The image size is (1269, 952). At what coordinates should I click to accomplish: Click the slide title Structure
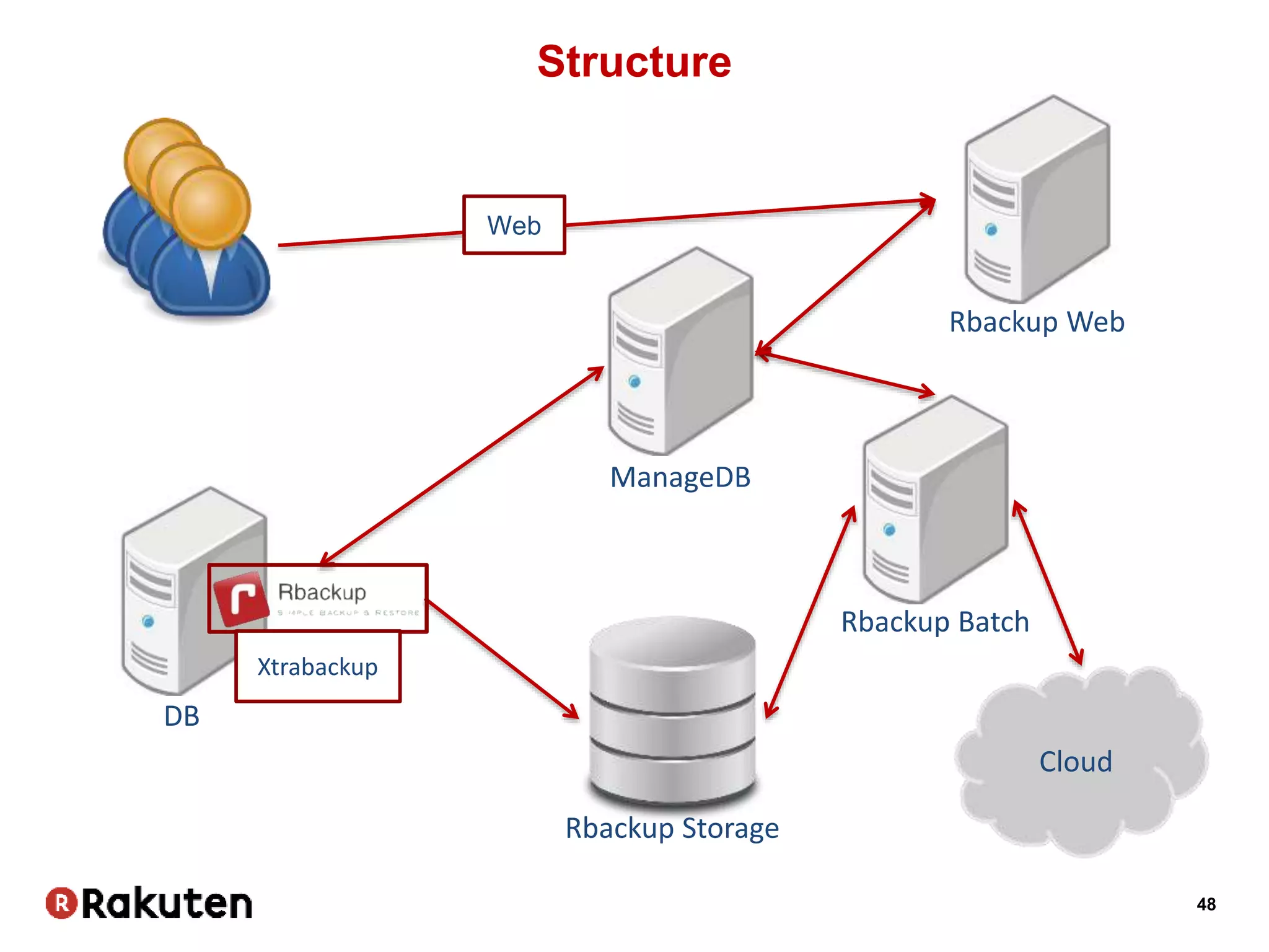pos(634,62)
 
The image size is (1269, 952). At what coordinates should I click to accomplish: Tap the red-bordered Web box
pos(514,225)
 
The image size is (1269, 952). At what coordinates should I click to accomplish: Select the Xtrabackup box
pos(318,667)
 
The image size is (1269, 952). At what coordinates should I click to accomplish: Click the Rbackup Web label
pos(1037,322)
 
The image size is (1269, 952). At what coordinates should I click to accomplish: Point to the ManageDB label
pos(680,478)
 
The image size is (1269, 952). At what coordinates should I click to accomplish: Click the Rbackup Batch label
pos(934,622)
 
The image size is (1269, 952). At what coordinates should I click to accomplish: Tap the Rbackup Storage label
pos(672,828)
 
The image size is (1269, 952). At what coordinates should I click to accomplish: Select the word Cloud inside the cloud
pos(1075,762)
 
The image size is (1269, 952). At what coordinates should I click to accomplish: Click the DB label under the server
pos(182,716)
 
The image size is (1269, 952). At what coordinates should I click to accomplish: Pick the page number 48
pos(1206,904)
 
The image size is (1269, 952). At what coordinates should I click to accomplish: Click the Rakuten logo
pos(149,903)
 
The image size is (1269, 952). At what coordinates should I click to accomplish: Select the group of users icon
pos(186,220)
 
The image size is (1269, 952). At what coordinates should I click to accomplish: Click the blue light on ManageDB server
pos(634,381)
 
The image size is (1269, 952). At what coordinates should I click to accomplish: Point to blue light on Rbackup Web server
pos(991,230)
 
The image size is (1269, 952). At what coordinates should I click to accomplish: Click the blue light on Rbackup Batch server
pos(890,530)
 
